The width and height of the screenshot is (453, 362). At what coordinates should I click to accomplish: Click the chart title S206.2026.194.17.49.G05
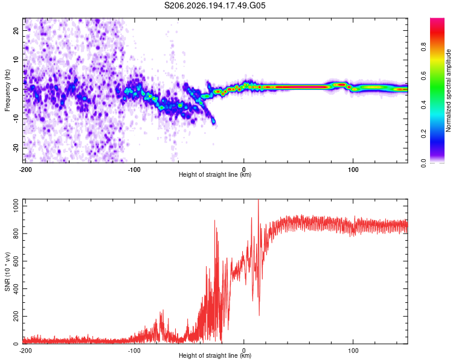214,5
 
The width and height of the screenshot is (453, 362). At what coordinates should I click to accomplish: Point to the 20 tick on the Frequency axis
16,31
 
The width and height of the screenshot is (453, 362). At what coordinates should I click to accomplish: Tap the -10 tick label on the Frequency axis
16,118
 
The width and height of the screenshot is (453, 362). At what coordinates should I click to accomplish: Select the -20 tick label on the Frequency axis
16,148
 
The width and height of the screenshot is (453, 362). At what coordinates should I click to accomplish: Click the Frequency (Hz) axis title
7,91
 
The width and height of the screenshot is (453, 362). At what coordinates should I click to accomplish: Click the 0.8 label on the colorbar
423,47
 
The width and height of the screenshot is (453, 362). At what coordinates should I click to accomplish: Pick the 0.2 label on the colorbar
423,134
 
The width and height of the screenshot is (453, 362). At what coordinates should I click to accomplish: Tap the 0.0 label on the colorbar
423,163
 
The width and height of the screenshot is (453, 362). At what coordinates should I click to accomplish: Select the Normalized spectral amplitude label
448,91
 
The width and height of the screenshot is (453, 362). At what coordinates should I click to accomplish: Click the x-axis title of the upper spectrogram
215,174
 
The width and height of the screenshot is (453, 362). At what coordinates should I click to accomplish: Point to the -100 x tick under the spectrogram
134,170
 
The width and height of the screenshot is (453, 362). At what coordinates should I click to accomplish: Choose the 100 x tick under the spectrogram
353,170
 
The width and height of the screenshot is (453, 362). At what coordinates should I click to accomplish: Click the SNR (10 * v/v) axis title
7,271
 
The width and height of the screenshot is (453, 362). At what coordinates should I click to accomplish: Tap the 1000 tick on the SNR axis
16,206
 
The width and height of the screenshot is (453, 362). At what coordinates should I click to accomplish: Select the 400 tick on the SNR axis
16,288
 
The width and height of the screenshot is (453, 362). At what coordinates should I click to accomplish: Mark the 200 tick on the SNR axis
16,316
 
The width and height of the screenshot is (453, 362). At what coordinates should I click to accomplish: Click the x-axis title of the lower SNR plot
215,355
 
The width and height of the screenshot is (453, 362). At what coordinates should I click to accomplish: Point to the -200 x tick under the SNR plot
25,351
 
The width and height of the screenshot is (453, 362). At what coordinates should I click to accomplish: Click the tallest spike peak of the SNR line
259,200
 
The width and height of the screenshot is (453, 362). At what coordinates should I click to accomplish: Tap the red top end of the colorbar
437,19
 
